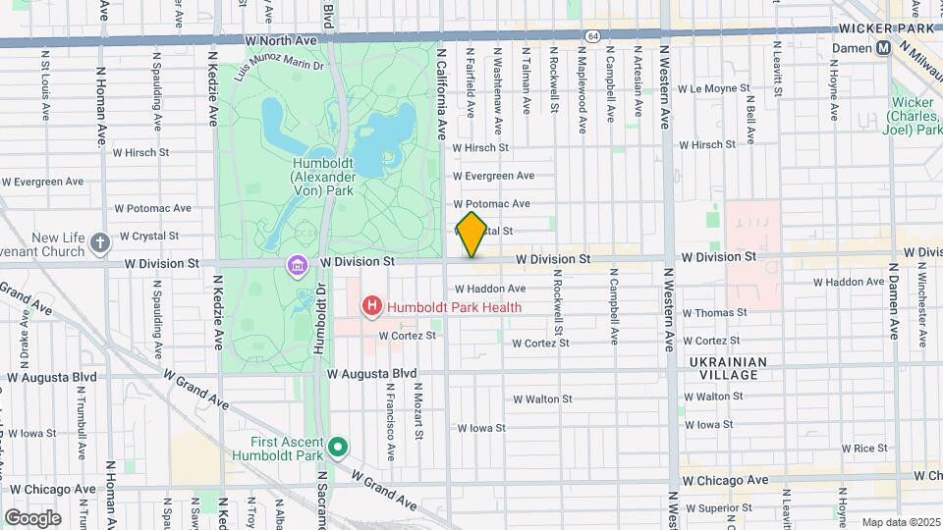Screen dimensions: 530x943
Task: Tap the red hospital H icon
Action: (372, 307)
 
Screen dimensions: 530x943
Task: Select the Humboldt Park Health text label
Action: (454, 307)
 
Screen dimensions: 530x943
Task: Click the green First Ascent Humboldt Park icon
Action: (339, 449)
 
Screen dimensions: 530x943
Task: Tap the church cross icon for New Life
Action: (100, 242)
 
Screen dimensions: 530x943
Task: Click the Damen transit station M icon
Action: (884, 47)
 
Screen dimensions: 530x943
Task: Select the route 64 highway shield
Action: (592, 34)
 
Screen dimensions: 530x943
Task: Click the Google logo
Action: (32, 517)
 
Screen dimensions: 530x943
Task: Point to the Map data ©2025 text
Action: (900, 522)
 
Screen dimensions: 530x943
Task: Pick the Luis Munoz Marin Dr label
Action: (279, 67)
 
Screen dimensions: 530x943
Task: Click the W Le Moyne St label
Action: (713, 88)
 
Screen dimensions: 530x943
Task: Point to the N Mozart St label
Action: (418, 410)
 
